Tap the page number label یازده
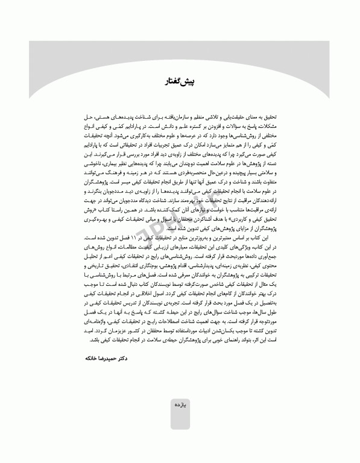pyautogui.click(x=180, y=406)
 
